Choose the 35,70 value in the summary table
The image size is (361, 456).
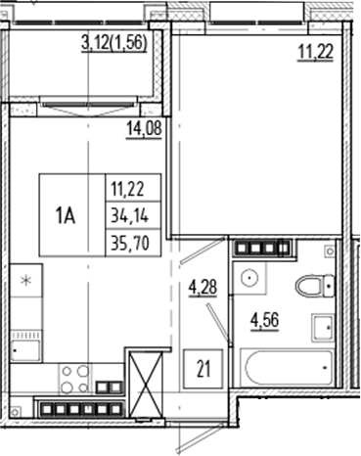pyautogui.click(x=131, y=243)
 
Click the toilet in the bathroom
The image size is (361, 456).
pyautogui.click(x=312, y=286)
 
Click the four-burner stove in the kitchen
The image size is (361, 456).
pyautogui.click(x=73, y=377)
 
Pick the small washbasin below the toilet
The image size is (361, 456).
pyautogui.click(x=320, y=326)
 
